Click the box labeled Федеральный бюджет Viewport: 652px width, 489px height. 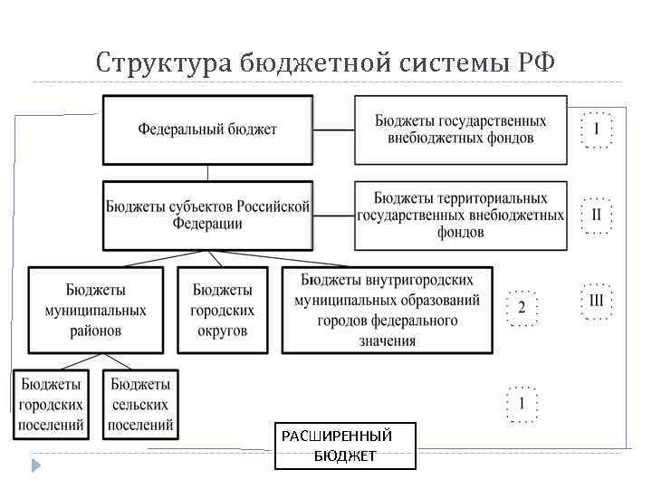tap(207, 129)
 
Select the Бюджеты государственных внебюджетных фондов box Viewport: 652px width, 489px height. tap(460, 129)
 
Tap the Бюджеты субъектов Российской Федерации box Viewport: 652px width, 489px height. tap(207, 216)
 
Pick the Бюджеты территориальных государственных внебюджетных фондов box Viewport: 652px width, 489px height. tap(460, 216)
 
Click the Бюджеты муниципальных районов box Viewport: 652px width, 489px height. tap(95, 310)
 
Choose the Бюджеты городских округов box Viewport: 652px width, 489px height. tap(223, 310)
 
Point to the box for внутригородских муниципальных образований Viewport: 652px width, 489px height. tap(389, 310)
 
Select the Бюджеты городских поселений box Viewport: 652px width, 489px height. tap(51, 404)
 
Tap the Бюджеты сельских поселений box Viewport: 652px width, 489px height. tap(141, 404)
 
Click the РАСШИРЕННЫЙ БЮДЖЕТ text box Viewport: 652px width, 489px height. tap(345, 446)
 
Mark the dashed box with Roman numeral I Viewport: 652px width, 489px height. tap(596, 129)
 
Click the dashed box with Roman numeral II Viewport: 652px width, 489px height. tap(596, 216)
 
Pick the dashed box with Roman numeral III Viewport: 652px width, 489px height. tap(596, 301)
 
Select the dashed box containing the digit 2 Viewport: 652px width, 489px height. tap(521, 307)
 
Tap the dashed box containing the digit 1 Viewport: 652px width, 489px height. tap(521, 403)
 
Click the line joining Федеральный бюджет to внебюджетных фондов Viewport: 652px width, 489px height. tap(333, 129)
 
